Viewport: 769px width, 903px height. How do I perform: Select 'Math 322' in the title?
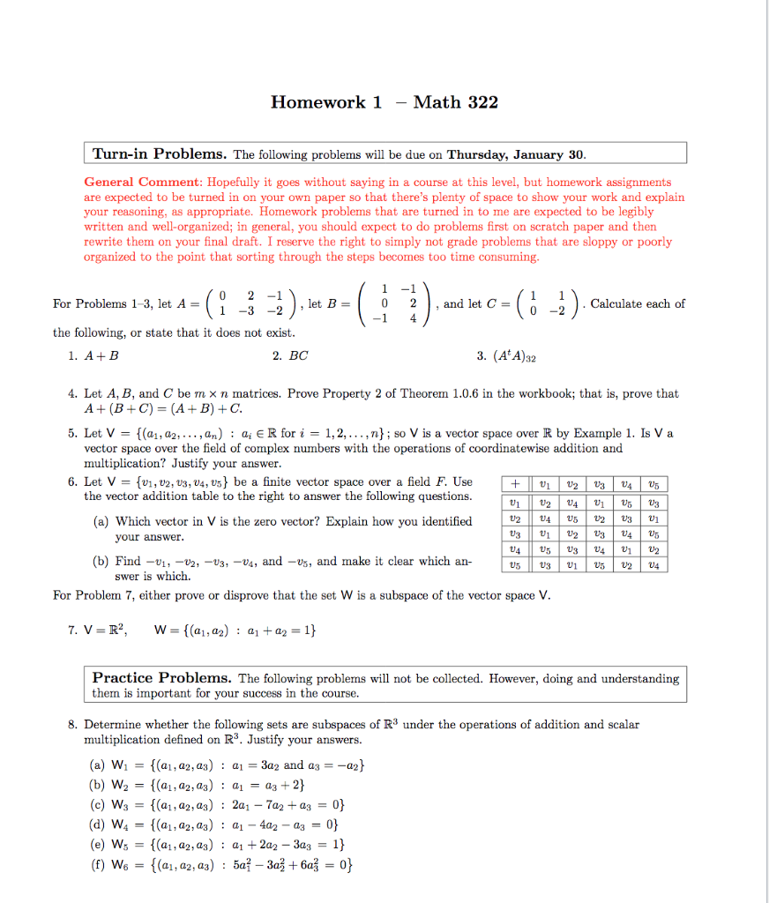click(456, 102)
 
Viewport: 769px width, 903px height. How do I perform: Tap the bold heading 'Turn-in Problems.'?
click(161, 154)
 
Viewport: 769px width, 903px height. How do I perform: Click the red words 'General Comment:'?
click(142, 183)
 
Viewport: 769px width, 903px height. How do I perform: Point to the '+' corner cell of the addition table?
click(511, 484)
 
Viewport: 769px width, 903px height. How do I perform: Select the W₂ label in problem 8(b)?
click(119, 783)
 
